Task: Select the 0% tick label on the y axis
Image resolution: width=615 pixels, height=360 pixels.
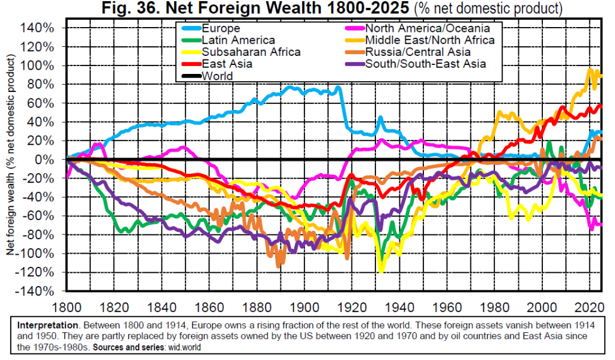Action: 47,160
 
